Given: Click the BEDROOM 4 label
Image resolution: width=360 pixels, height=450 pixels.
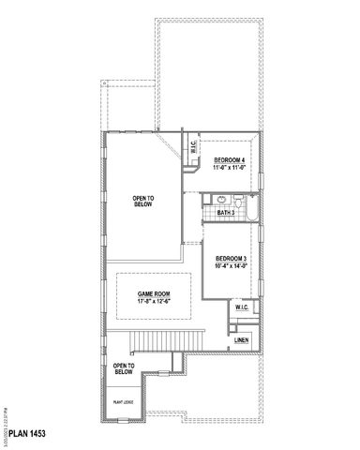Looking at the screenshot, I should pyautogui.click(x=230, y=160).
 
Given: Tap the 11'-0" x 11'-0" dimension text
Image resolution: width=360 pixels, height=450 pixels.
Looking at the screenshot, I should pyautogui.click(x=230, y=168).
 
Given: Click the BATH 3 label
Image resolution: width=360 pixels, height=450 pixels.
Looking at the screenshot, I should pyautogui.click(x=226, y=213).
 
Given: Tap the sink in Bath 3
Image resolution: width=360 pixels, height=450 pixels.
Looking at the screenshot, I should pyautogui.click(x=222, y=199).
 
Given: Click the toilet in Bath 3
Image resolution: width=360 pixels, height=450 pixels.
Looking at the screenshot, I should pyautogui.click(x=239, y=201).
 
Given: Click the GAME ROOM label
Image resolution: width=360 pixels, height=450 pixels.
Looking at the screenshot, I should pyautogui.click(x=154, y=293).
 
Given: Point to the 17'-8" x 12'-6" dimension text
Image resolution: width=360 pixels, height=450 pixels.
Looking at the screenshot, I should pyautogui.click(x=154, y=301).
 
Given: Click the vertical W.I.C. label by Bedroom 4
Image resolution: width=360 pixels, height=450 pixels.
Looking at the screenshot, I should pyautogui.click(x=192, y=146).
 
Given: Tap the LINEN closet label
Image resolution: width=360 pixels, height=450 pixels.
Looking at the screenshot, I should pyautogui.click(x=241, y=339).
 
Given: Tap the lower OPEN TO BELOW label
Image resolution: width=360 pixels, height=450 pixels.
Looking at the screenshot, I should pyautogui.click(x=124, y=368).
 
